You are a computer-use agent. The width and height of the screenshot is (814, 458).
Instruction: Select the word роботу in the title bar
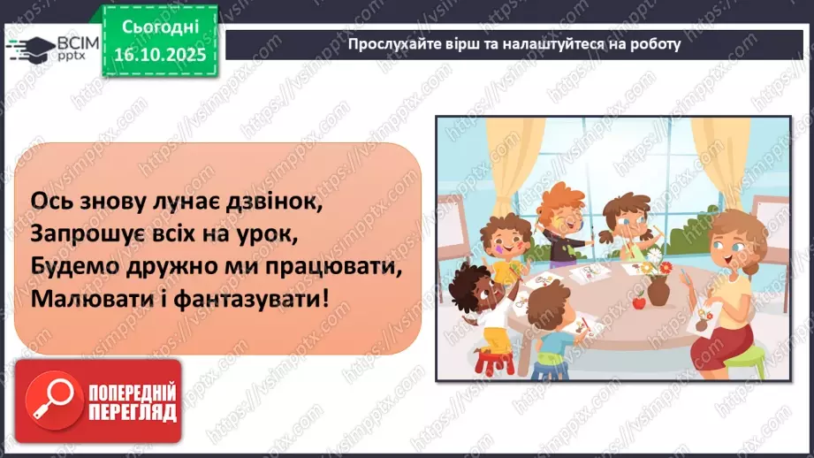[652, 44]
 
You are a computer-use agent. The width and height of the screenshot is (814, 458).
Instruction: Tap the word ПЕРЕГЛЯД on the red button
[133, 411]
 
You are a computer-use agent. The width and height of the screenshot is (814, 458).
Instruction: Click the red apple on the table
[639, 304]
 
